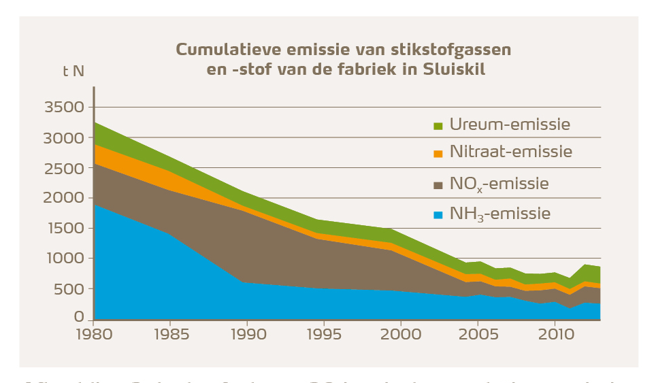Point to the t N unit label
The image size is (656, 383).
pyautogui.click(x=73, y=72)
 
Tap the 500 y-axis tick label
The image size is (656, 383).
pyautogui.click(x=70, y=288)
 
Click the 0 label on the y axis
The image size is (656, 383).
pyautogui.click(x=80, y=318)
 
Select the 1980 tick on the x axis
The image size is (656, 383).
pyautogui.click(x=94, y=334)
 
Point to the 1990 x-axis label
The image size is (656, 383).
pyautogui.click(x=247, y=334)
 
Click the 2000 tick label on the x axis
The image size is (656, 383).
pyautogui.click(x=401, y=334)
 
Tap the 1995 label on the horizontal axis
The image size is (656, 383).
pyautogui.click(x=324, y=334)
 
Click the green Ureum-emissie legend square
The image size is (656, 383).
pyautogui.click(x=438, y=126)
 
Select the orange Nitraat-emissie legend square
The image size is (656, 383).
pyautogui.click(x=438, y=154)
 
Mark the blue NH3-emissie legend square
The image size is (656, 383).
pyautogui.click(x=438, y=215)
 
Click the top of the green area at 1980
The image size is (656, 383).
pyautogui.click(x=95, y=123)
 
